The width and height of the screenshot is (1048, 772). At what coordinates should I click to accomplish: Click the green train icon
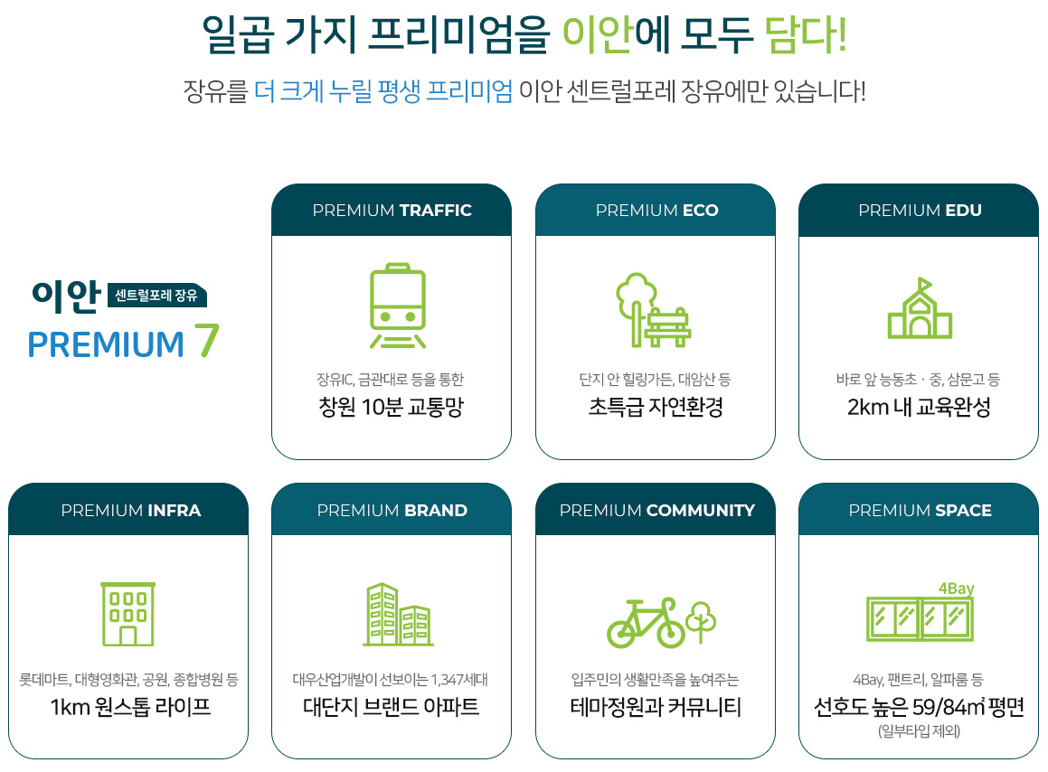(x=398, y=306)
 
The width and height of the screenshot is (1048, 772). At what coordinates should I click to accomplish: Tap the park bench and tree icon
(x=653, y=309)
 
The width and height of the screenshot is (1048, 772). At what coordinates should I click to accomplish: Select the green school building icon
(x=920, y=308)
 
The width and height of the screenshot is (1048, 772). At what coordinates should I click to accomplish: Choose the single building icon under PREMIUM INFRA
(x=128, y=615)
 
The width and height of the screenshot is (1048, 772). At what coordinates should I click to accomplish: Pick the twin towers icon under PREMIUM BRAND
(x=399, y=615)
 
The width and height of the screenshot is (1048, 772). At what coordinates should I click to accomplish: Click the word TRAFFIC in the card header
(x=435, y=211)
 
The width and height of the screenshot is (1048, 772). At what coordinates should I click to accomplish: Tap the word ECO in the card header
(x=700, y=211)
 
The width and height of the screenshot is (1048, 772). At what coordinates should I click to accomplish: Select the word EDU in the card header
(x=963, y=211)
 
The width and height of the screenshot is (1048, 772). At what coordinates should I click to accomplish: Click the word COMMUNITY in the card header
(x=700, y=511)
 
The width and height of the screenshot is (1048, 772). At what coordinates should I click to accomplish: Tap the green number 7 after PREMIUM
(x=206, y=342)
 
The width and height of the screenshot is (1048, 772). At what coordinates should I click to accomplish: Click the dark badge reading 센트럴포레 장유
(x=157, y=296)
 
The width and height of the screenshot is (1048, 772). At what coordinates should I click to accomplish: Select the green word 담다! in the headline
(x=806, y=34)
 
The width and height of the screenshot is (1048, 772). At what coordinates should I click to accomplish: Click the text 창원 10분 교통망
(x=391, y=407)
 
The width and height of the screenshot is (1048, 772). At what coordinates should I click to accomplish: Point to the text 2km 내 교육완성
(x=919, y=407)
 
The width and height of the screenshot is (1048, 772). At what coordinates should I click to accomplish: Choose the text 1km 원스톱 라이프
(x=130, y=707)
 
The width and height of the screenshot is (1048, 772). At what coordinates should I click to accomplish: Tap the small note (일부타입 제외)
(x=919, y=731)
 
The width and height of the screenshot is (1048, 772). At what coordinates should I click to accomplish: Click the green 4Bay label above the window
(x=957, y=588)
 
